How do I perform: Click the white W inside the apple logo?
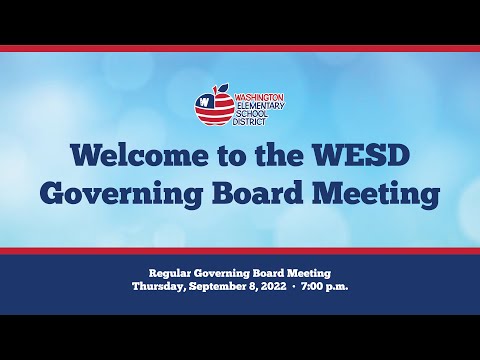click(203, 102)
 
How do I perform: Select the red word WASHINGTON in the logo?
click(259, 96)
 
